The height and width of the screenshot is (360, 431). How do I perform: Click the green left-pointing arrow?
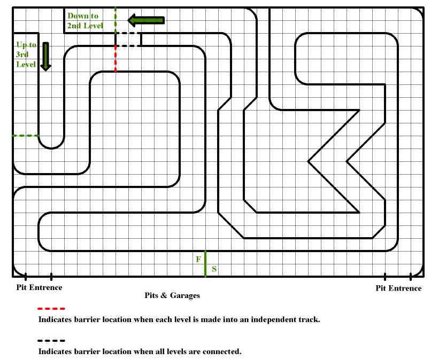[146, 20]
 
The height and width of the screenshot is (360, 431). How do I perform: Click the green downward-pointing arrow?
[45, 57]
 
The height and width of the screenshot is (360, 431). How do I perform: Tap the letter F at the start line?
[198, 259]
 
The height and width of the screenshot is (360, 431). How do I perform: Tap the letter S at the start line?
[214, 269]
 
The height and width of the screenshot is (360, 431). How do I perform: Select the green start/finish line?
[205, 264]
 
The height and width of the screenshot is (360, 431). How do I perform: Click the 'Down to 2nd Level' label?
[85, 21]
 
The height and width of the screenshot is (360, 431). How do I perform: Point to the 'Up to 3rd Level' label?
[26, 54]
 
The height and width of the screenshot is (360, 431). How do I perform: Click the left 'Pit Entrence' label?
[39, 287]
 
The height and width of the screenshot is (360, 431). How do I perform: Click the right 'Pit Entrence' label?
[398, 288]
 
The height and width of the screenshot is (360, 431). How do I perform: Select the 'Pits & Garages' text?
[172, 295]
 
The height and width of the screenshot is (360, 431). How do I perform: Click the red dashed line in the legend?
[51, 309]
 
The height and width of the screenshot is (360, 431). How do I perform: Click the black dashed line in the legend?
[51, 340]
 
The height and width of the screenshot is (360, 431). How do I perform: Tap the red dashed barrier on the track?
[116, 59]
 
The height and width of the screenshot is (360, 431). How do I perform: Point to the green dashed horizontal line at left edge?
[26, 136]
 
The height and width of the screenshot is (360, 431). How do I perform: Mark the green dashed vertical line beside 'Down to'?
[116, 21]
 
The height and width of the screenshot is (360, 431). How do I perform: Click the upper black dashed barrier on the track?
[128, 33]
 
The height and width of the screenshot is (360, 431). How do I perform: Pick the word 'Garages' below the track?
[184, 296]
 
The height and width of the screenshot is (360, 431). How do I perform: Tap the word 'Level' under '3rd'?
[26, 64]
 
